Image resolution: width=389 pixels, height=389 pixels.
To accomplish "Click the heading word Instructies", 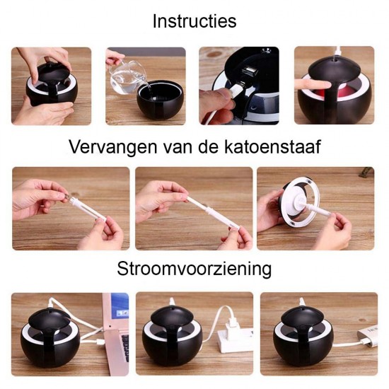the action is pos(194,21).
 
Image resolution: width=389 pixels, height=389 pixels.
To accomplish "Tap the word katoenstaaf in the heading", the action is pos(272,147).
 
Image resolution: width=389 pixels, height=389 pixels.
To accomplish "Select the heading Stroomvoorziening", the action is pos(194,269).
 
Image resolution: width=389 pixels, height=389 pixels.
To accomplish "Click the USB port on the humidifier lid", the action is pos(248,71).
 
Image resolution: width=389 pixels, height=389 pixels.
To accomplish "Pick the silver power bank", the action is pos(368,336).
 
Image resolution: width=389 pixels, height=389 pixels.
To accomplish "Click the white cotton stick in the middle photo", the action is pos(213,213).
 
